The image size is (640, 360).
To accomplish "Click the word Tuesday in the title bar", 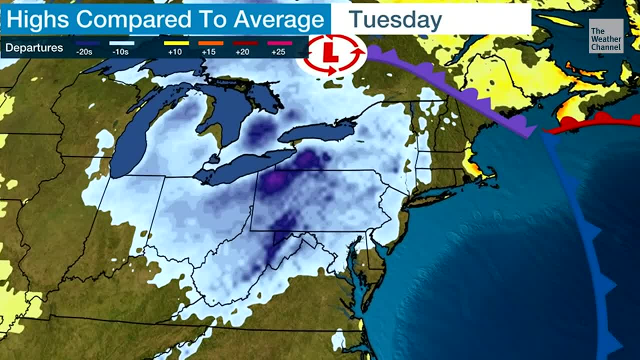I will coord(395,19).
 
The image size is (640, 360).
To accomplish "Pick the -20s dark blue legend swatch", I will coord(87,43).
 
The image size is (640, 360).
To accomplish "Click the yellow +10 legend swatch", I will coord(176,43).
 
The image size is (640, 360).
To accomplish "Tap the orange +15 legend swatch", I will coord(211,43).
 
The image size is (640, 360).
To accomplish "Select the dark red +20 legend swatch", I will coord(245,43).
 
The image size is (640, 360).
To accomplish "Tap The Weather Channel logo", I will coord(606,36).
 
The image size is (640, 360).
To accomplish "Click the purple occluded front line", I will coord(450,90).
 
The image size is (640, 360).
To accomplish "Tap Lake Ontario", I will coord(315,132).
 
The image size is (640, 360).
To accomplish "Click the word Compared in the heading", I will coord(134,19).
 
